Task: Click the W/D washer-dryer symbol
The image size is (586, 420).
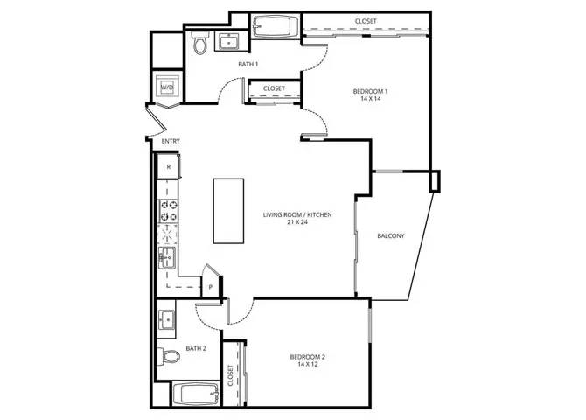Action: [166, 87]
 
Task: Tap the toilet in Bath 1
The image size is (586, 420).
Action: [200, 44]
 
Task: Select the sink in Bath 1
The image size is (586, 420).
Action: [231, 41]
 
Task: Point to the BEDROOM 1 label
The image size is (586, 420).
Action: [371, 92]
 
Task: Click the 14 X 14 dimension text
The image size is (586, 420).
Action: [371, 101]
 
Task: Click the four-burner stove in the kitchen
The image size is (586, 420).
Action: [167, 210]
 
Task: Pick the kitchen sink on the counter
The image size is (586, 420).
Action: [167, 257]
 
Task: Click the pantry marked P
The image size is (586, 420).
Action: [210, 286]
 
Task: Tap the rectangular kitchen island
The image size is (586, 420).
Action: [228, 211]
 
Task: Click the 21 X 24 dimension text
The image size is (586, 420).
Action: [297, 222]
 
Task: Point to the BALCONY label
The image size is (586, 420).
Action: [390, 235]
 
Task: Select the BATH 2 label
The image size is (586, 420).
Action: [196, 348]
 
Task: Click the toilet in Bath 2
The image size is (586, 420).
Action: [169, 355]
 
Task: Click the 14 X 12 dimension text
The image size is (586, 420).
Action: [309, 365]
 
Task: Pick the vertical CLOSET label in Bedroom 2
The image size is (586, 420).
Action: [232, 376]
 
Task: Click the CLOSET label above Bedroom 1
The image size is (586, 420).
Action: [366, 21]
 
